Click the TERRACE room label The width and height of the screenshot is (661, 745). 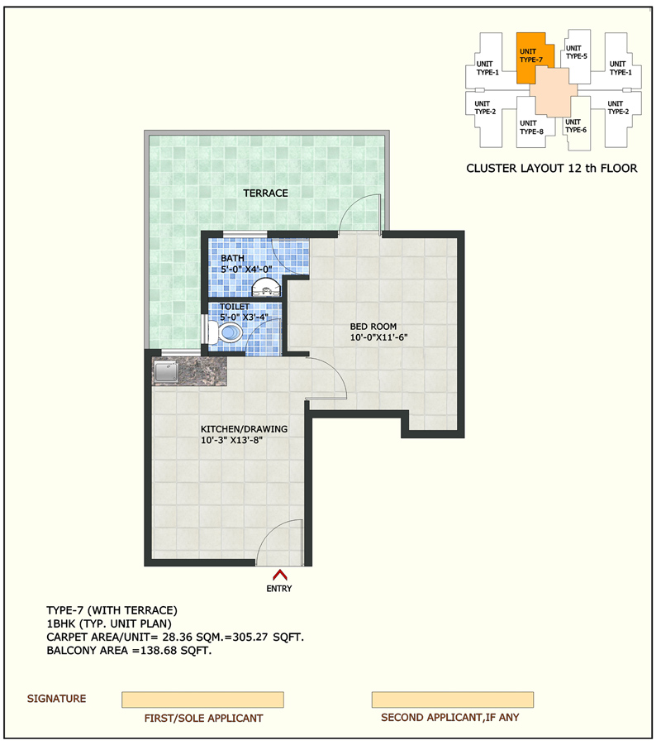pyautogui.click(x=265, y=193)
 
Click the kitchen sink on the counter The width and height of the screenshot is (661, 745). pyautogui.click(x=166, y=371)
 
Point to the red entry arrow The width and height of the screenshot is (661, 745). pyautogui.click(x=280, y=575)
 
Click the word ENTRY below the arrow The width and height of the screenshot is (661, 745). pyautogui.click(x=279, y=589)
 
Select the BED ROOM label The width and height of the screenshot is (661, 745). pyautogui.click(x=373, y=327)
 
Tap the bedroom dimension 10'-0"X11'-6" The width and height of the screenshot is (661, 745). pyautogui.click(x=379, y=337)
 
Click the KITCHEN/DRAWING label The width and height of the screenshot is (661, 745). pyautogui.click(x=244, y=429)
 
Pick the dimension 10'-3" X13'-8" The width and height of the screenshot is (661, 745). pyautogui.click(x=231, y=440)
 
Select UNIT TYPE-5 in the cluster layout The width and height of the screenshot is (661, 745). pyautogui.click(x=577, y=52)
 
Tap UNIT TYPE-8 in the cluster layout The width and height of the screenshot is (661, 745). pyautogui.click(x=531, y=127)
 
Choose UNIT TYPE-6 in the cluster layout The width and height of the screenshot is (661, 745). pyautogui.click(x=576, y=126)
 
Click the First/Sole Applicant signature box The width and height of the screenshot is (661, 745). pyautogui.click(x=202, y=700)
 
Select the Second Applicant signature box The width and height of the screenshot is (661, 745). pyautogui.click(x=453, y=700)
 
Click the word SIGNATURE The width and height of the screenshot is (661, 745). pyautogui.click(x=56, y=699)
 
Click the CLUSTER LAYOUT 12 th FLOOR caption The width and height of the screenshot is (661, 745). pyautogui.click(x=552, y=168)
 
